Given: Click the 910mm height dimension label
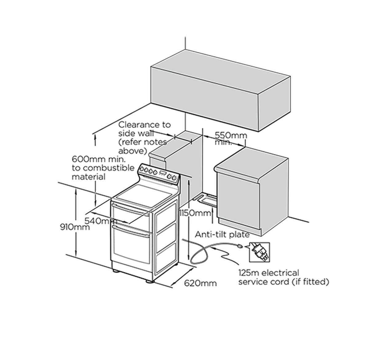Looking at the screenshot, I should point(75,227).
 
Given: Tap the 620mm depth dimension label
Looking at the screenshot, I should point(200,283).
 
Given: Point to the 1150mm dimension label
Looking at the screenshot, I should point(196,213).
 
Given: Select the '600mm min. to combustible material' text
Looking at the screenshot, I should point(103,168).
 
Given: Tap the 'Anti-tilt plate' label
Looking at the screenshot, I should point(222,235).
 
